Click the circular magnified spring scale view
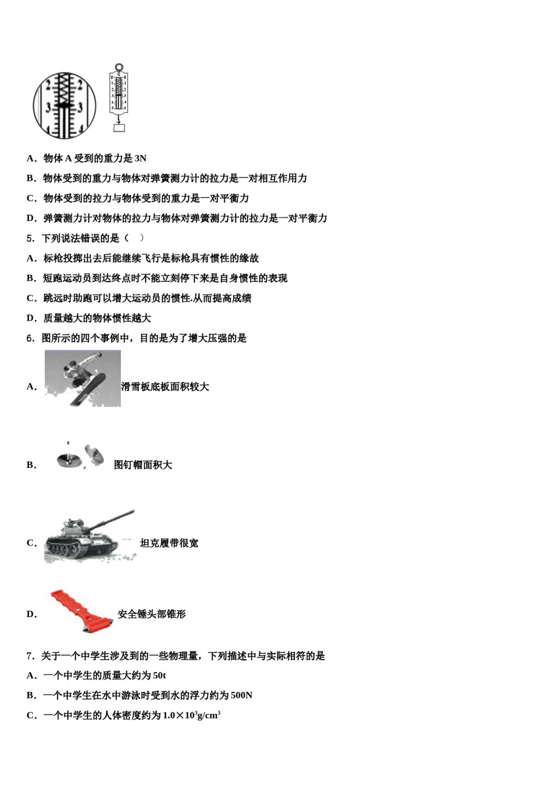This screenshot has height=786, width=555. (64, 106)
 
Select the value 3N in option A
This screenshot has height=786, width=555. (140, 158)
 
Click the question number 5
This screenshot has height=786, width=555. (30, 239)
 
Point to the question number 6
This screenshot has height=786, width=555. (30, 338)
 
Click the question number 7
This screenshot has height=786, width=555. (30, 656)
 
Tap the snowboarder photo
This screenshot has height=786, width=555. (82, 378)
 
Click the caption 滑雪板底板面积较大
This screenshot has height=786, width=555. (165, 387)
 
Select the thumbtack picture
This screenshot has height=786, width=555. (81, 456)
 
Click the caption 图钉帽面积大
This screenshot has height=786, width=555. (143, 465)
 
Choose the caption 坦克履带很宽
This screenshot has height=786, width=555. (169, 543)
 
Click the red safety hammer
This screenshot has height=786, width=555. (81, 611)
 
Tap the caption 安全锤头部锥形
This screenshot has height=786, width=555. (152, 614)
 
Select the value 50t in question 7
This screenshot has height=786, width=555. (159, 676)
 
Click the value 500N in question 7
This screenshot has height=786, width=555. (241, 695)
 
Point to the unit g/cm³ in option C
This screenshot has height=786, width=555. (209, 715)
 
